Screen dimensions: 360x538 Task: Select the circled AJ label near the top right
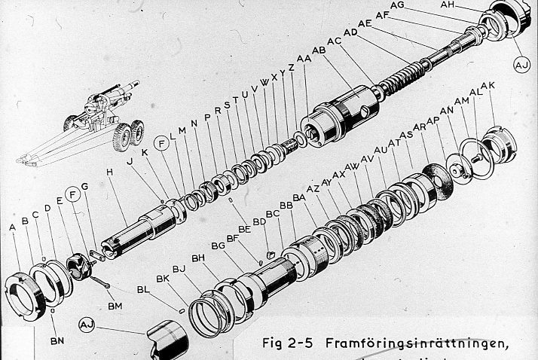tap(522, 66)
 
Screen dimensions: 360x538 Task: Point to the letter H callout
tap(110, 172)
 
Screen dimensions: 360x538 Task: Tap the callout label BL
tap(143, 288)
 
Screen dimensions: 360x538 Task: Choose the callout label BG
tap(219, 246)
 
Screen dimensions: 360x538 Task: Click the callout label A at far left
tap(13, 226)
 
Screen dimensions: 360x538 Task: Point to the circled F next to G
tap(73, 196)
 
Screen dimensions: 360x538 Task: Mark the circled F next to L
tap(160, 142)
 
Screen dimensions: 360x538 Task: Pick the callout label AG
tap(397, 5)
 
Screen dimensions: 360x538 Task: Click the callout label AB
tap(319, 50)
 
